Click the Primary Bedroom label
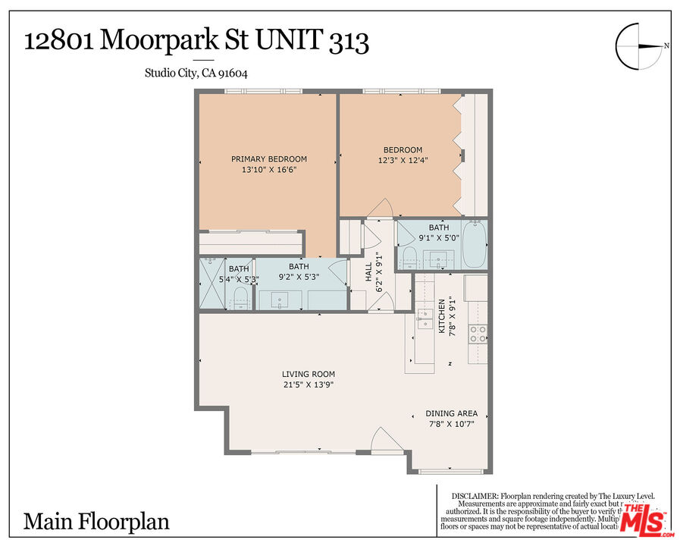[269, 159]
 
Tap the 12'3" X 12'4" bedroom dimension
[403, 161]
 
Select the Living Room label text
[308, 374]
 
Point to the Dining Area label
[451, 413]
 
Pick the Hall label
[369, 271]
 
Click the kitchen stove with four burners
[477, 334]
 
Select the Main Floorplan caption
[96, 522]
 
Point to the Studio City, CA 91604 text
[196, 74]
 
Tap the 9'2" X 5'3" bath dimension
[298, 278]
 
